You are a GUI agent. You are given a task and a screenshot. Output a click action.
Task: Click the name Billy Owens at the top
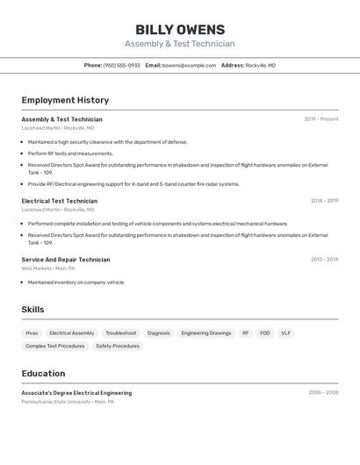(x=180, y=30)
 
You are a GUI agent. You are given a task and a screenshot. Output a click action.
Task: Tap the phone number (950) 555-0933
(x=121, y=66)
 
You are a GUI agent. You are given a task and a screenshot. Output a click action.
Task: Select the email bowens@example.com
(x=189, y=66)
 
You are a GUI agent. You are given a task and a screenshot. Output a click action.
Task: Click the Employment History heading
(x=65, y=100)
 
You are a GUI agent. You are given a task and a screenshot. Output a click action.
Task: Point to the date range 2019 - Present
(x=321, y=119)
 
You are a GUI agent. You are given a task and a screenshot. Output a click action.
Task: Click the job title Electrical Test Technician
(x=60, y=201)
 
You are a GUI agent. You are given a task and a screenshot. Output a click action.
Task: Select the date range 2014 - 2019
(x=324, y=201)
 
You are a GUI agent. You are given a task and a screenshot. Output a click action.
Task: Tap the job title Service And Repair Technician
(x=66, y=260)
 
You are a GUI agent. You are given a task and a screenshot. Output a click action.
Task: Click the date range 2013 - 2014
(x=324, y=260)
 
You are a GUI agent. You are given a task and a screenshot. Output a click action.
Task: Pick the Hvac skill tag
(x=32, y=333)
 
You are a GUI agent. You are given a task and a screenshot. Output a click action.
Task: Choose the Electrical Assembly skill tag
(x=72, y=333)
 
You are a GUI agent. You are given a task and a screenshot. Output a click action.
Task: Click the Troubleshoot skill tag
(x=121, y=333)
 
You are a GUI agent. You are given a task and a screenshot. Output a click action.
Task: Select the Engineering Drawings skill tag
(x=206, y=333)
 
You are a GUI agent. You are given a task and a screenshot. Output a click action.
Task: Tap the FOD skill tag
(x=265, y=333)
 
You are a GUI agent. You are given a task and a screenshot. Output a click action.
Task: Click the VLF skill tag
(x=286, y=333)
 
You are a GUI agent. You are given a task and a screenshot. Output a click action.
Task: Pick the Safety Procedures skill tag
(x=118, y=346)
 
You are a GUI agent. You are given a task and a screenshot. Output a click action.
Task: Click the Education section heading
(x=43, y=374)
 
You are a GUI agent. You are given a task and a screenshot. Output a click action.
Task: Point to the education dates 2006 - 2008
(x=323, y=393)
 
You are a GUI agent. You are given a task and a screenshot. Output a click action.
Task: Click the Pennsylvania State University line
(x=68, y=402)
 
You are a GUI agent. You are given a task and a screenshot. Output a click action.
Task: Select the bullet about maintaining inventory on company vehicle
(x=76, y=283)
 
